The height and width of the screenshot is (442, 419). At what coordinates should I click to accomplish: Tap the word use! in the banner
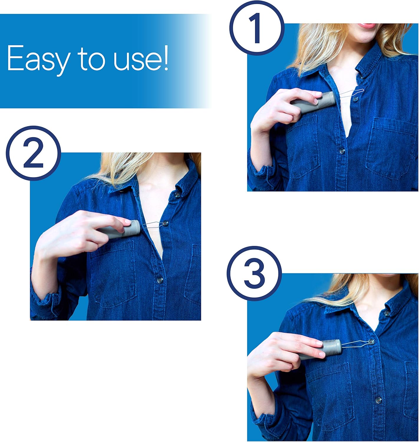[x=141, y=58]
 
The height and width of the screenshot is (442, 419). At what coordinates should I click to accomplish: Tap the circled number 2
[x=33, y=153]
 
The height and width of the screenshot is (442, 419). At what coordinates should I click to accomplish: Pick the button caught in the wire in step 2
[x=166, y=223]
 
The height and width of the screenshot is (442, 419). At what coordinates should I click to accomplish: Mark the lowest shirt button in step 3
[x=378, y=400]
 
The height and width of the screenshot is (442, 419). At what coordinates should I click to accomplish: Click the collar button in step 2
[x=177, y=195]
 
